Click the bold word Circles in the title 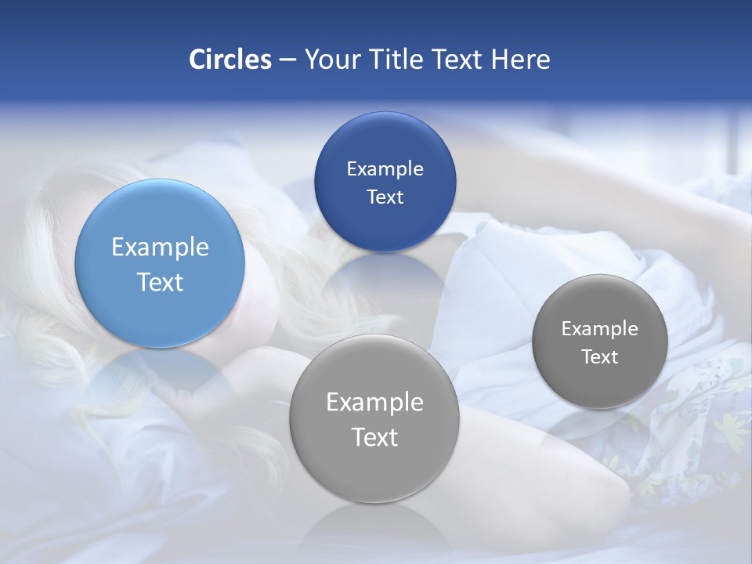tap(230, 60)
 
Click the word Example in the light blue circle tap(160, 248)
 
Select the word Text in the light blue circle tap(160, 282)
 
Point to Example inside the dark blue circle tap(385, 169)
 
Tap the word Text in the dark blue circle tap(385, 197)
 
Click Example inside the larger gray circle tap(374, 403)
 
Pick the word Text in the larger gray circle tap(374, 437)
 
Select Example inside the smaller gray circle tap(600, 329)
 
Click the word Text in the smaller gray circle tap(600, 357)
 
